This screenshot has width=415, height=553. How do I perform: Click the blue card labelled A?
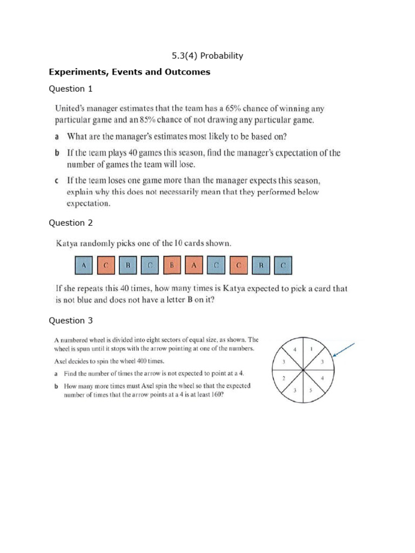[x=83, y=266]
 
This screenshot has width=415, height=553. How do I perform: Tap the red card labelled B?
[x=172, y=266]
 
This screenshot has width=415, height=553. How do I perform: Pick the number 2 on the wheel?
[x=284, y=378]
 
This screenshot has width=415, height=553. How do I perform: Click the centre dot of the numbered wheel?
[x=303, y=370]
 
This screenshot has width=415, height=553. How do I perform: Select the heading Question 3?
[x=71, y=321]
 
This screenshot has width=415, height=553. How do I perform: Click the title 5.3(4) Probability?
[x=207, y=56]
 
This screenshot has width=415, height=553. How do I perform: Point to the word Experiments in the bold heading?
[x=76, y=72]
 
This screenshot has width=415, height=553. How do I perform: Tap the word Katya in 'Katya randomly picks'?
[x=68, y=244]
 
